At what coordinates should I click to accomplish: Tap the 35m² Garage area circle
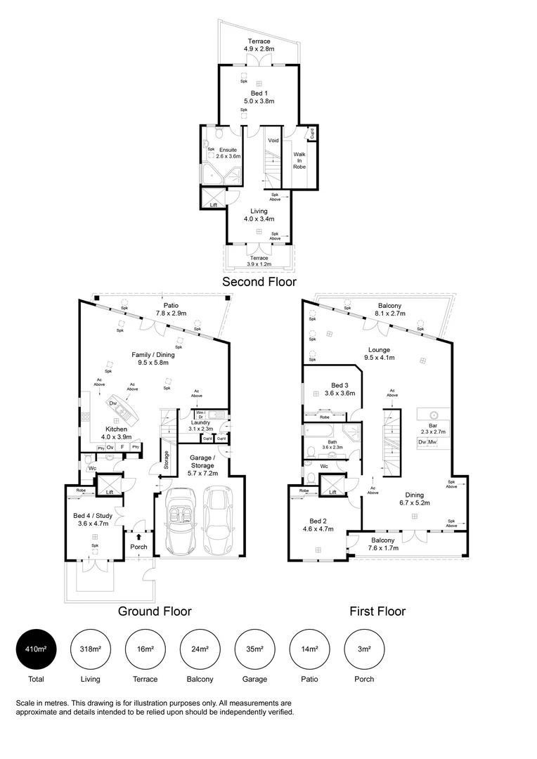tap(255, 649)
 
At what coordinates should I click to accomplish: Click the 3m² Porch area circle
tap(364, 649)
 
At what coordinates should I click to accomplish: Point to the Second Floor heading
tap(259, 282)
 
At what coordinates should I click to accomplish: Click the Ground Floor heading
tap(154, 611)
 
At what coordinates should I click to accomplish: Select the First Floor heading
tap(377, 611)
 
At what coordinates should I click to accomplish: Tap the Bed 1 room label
tap(259, 93)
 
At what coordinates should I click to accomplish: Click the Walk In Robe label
tap(299, 160)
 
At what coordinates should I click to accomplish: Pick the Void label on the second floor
tap(273, 141)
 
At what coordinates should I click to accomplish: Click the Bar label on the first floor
tap(433, 426)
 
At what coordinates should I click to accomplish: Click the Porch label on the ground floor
tap(138, 547)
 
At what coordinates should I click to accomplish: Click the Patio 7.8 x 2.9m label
tap(171, 309)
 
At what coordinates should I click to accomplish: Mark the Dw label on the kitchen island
tap(112, 403)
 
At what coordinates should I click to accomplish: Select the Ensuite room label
tap(228, 150)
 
